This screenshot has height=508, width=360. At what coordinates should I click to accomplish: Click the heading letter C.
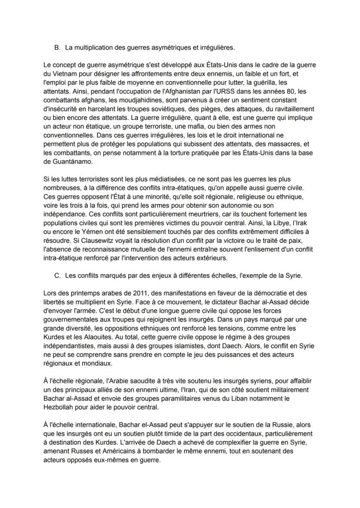coord(57,275)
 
